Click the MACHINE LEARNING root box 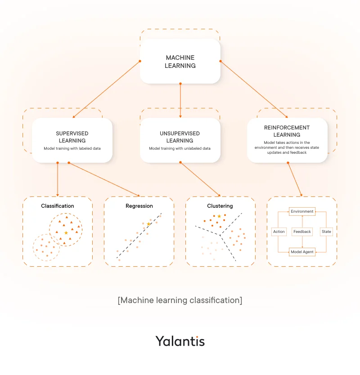tap(180, 62)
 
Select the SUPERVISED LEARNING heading tap(72, 137)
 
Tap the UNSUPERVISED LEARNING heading tap(180, 137)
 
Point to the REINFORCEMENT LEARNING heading tap(287, 131)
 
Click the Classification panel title tap(58, 206)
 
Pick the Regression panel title tap(139, 206)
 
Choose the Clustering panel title tap(220, 206)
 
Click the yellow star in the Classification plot tap(66, 232)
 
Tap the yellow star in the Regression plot tap(148, 223)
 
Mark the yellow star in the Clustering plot tap(219, 216)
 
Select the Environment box tap(302, 211)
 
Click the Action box tap(279, 232)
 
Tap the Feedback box tap(302, 232)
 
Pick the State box tap(326, 232)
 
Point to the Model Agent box tap(302, 252)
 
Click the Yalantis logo tap(180, 341)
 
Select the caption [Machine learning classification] tap(180, 300)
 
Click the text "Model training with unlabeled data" tap(180, 148)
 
